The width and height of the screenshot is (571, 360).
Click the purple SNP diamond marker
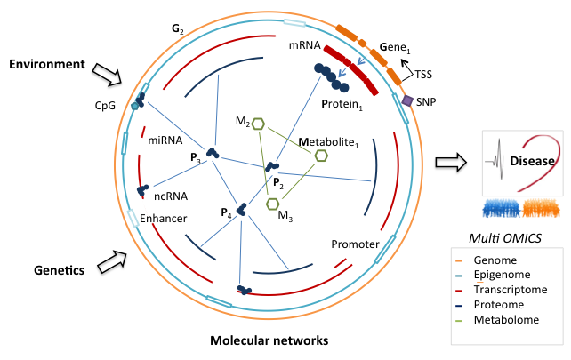(x=407, y=101)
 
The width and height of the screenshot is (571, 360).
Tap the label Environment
(x=47, y=65)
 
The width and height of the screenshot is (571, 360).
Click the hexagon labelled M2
(x=259, y=124)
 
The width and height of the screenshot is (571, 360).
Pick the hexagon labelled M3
(x=273, y=204)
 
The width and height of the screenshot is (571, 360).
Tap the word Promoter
(x=355, y=244)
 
